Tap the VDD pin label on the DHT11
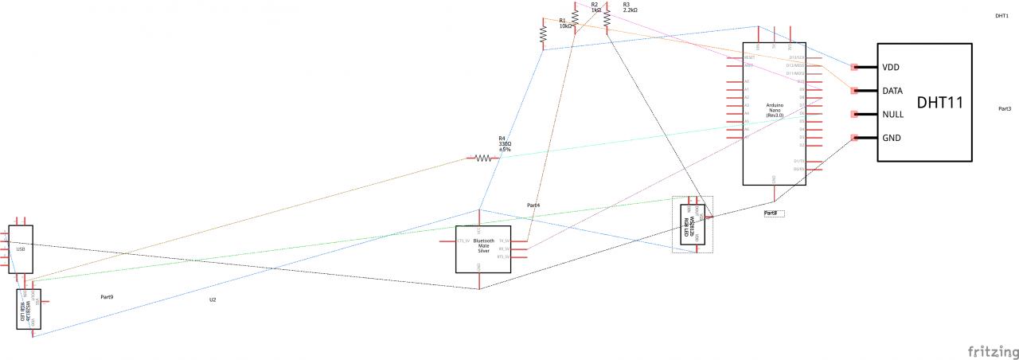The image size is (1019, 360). click(x=892, y=67)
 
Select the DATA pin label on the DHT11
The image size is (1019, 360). click(x=892, y=91)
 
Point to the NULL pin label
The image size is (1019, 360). click(x=892, y=115)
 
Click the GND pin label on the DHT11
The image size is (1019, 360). click(x=892, y=138)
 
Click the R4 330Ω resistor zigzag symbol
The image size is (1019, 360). click(x=483, y=158)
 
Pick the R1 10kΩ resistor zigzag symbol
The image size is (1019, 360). click(x=543, y=34)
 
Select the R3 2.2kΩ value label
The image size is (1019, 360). click(x=630, y=10)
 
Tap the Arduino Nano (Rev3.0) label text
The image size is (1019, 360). click(x=775, y=110)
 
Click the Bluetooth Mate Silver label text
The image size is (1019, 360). click(x=483, y=246)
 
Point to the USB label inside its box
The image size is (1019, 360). click(x=21, y=249)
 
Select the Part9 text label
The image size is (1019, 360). click(x=107, y=297)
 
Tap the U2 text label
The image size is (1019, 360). click(x=213, y=299)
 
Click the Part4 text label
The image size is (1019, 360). click(x=533, y=205)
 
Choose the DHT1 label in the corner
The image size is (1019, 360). click(x=1002, y=15)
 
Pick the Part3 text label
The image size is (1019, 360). click(x=1004, y=108)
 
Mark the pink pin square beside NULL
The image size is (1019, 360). click(x=854, y=115)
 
